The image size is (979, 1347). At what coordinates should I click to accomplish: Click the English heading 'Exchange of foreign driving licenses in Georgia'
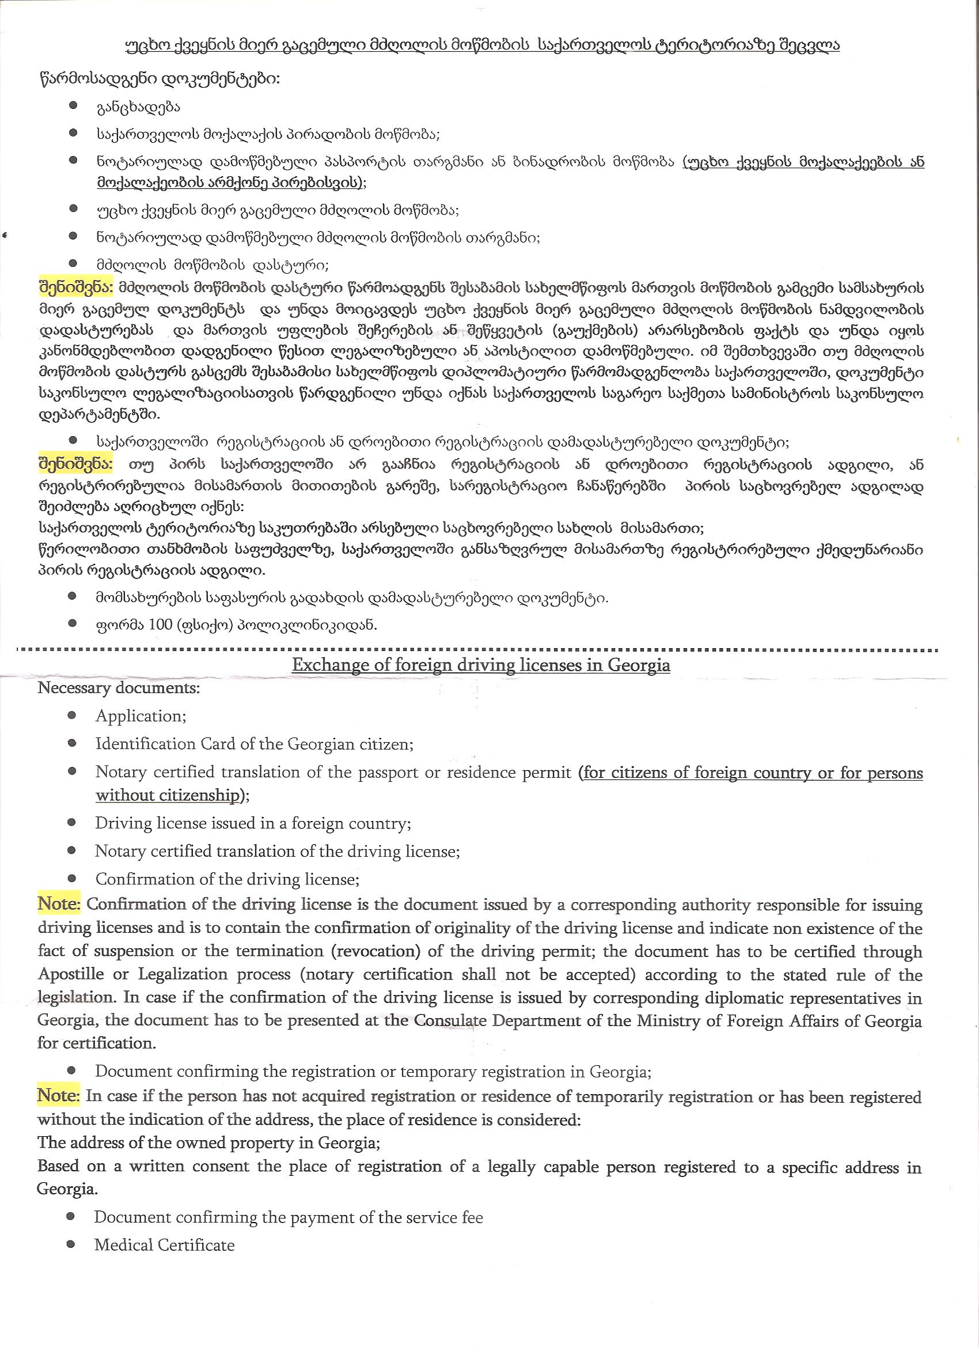pos(481,665)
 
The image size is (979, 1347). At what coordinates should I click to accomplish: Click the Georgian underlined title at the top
pos(482,46)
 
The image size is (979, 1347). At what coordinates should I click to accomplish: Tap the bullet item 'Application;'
pos(141,716)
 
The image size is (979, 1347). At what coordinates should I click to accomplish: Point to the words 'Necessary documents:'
pos(119,689)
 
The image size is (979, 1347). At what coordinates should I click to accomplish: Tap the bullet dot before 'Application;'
pos(72,716)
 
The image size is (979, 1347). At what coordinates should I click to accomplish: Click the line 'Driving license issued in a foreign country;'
pos(253,824)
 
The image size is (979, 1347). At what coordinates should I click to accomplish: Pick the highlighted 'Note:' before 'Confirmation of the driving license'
pos(59,905)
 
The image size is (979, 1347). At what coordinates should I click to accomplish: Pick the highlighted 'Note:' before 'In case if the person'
pos(59,1096)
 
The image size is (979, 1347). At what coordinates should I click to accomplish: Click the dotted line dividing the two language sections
pos(475,650)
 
